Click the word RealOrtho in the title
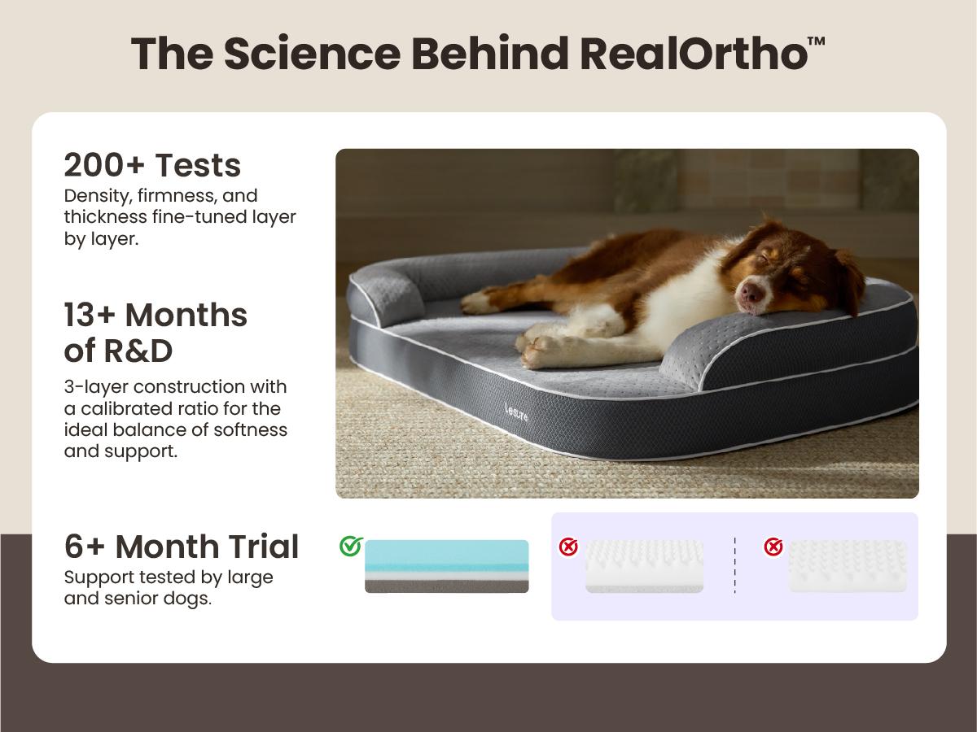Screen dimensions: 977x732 point(694,54)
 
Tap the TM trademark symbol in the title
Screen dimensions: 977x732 point(817,41)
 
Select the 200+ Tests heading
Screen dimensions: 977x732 point(152,165)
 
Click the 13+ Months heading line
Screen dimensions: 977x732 point(156,315)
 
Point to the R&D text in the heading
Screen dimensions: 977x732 point(138,351)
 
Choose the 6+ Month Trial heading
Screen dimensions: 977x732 point(182,547)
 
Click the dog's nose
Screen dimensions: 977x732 point(751,294)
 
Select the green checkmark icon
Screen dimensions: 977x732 point(351,547)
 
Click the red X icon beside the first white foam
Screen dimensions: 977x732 point(568,547)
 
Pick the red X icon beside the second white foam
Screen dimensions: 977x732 point(773,547)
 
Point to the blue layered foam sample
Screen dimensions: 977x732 point(446,566)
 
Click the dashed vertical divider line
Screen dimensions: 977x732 point(734,565)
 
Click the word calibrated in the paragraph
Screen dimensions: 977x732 point(127,408)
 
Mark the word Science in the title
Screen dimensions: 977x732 point(312,54)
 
